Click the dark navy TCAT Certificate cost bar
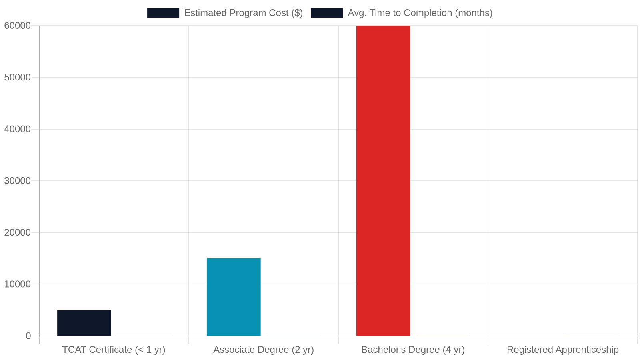84,323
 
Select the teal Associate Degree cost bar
234,297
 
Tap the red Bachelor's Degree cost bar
383,180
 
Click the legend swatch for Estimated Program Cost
163,13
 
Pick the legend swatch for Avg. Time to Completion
327,13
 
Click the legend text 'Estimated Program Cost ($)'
244,13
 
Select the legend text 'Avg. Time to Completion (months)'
420,13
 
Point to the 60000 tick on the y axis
18,26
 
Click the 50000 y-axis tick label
18,77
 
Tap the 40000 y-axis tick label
18,129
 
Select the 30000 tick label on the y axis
18,180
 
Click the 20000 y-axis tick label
18,232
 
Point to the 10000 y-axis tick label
18,284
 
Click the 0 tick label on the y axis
28,336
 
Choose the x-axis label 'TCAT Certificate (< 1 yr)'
114,350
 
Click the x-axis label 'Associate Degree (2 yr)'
264,350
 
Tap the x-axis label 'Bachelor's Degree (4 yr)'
413,350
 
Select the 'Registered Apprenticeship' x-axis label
562,350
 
